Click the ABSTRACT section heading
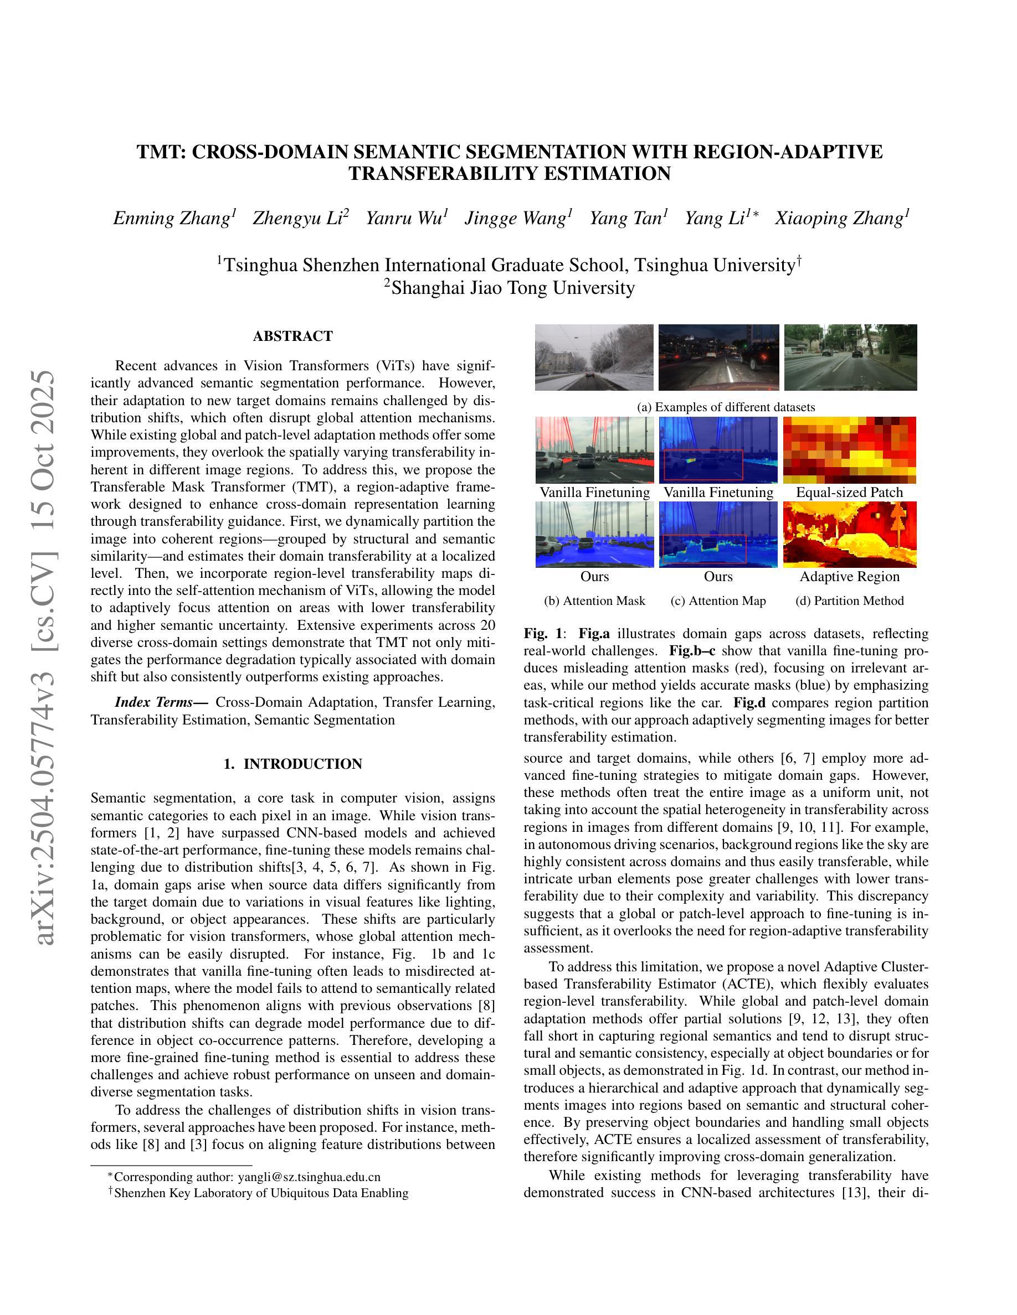(293, 336)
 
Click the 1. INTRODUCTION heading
(293, 764)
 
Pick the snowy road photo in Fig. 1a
(594, 357)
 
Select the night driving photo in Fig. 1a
(718, 357)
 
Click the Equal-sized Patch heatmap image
(850, 450)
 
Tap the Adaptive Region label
(850, 576)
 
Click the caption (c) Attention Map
(718, 600)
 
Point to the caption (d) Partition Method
(850, 600)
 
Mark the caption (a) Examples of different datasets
(726, 407)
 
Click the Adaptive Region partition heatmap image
(850, 535)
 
